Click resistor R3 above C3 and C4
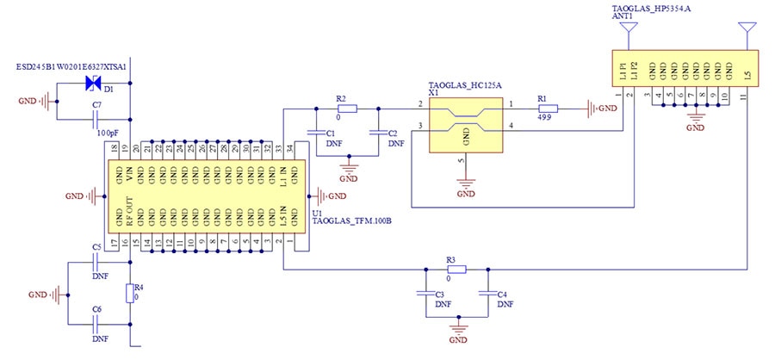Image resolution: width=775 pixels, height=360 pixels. point(456,269)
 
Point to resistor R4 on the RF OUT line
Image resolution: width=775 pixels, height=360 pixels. point(130,294)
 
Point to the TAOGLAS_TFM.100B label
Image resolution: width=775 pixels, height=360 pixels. point(352,221)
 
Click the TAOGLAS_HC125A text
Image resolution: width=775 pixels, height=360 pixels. point(464,85)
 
